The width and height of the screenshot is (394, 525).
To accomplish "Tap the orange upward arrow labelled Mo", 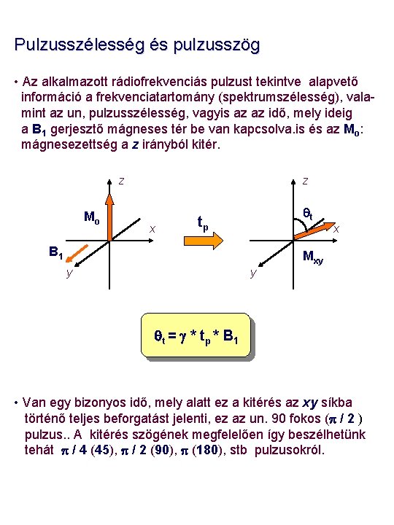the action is click(x=109, y=216).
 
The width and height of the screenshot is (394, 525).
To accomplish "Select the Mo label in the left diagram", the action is click(x=91, y=217).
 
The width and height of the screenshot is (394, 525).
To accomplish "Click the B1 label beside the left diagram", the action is click(x=55, y=253).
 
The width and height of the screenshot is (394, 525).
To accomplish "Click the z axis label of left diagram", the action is click(x=121, y=181).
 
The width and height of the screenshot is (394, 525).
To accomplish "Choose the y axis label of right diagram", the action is click(x=252, y=273).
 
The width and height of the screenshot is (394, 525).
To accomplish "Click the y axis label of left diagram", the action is click(x=69, y=273).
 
